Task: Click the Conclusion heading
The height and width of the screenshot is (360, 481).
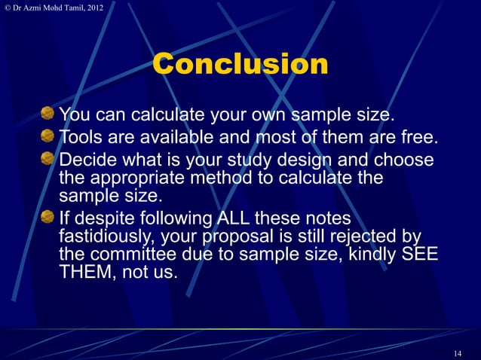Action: coord(240,64)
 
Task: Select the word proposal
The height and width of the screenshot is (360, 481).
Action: coord(237,236)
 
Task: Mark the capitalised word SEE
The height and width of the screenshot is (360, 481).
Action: coord(418,255)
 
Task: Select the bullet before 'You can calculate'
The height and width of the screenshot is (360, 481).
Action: coord(47,115)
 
